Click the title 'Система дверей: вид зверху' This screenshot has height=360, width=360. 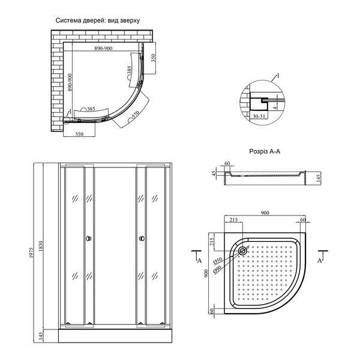coord(98,20)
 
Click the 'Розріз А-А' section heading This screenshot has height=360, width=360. coord(265,152)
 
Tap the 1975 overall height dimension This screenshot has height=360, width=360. coord(31,253)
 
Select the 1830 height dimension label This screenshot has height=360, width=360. coord(41,246)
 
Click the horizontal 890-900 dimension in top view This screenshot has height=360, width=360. coord(103,48)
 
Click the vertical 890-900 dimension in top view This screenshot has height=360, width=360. coord(70,82)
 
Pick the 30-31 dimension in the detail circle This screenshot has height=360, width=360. coord(259,116)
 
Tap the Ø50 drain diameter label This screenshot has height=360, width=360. coord(218,260)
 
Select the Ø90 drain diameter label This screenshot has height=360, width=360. coord(217,269)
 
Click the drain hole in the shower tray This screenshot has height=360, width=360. coord(242,250)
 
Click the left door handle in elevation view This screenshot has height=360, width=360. coord(89,239)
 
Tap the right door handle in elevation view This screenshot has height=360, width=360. coord(142,239)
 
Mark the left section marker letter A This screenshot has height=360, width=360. coord(200,260)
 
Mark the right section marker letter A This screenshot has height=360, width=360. coord(320,260)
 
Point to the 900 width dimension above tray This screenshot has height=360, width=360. coord(265,213)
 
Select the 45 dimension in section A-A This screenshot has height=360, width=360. coord(214,173)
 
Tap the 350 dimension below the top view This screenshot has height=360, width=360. coord(79,134)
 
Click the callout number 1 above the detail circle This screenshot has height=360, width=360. coord(278,76)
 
